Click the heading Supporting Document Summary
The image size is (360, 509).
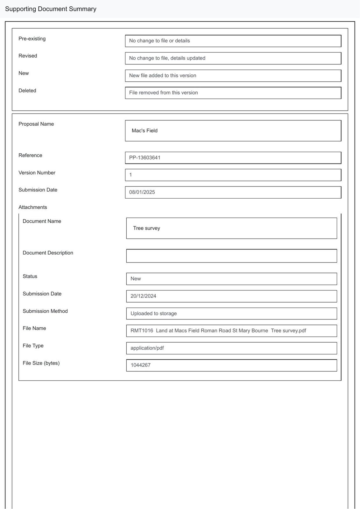51,9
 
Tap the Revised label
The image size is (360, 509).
28,56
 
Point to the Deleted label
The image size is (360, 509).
27,91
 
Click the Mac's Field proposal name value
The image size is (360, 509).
145,131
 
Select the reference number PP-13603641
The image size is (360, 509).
145,157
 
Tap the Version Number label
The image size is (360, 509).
37,173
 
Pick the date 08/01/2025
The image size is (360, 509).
142,192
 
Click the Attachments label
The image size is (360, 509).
33,207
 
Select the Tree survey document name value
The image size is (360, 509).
146,228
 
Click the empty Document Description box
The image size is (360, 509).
231,256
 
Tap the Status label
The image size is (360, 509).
30,276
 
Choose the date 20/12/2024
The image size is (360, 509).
143,296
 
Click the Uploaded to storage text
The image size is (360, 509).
153,313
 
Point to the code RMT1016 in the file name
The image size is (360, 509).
142,331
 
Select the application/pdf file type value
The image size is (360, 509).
147,348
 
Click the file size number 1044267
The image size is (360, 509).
140,365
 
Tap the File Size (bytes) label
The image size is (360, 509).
41,363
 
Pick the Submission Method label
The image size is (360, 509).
45,311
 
